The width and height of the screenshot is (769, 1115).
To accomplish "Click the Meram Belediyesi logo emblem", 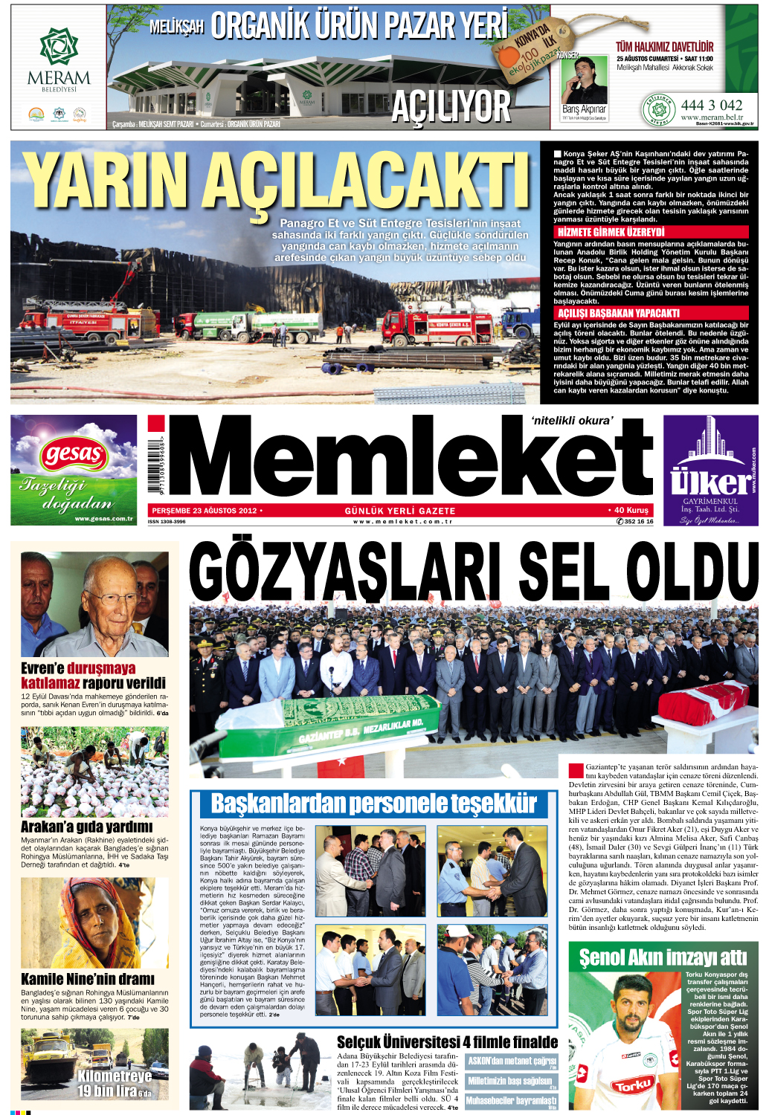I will [58, 46].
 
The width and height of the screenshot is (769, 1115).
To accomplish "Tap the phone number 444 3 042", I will [711, 105].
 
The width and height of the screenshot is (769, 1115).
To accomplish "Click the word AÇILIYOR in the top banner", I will [451, 106].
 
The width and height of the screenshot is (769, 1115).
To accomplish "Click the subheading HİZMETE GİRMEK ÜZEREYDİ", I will [611, 233].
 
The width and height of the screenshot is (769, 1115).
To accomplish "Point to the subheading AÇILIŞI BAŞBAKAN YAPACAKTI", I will [618, 313].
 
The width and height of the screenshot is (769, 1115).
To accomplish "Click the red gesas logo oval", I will [74, 453].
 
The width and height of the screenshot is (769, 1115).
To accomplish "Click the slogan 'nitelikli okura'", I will [572, 421].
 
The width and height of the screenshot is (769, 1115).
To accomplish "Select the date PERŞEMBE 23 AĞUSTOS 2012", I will [205, 511].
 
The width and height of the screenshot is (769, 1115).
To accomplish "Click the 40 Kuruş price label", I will [631, 511].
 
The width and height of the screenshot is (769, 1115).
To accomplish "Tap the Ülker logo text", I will [710, 482].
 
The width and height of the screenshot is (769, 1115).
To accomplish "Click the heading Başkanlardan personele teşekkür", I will [373, 804].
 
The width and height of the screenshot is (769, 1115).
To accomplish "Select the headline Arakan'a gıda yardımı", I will [86, 827].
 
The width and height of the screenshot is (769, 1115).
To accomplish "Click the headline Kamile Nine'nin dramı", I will [88, 979].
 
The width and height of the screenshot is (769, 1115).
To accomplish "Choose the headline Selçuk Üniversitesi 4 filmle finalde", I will [447, 1042].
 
